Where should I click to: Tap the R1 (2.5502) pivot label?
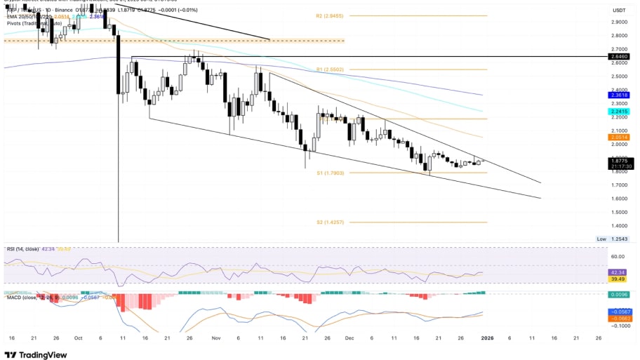[329, 69]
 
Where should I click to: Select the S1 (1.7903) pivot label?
[329, 173]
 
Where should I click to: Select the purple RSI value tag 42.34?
[618, 272]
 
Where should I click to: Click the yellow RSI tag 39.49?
[618, 279]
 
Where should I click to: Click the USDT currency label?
[618, 11]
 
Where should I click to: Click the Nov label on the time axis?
[216, 337]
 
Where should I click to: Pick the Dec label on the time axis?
[348, 337]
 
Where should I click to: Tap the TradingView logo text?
[44, 354]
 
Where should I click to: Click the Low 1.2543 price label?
[611, 239]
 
